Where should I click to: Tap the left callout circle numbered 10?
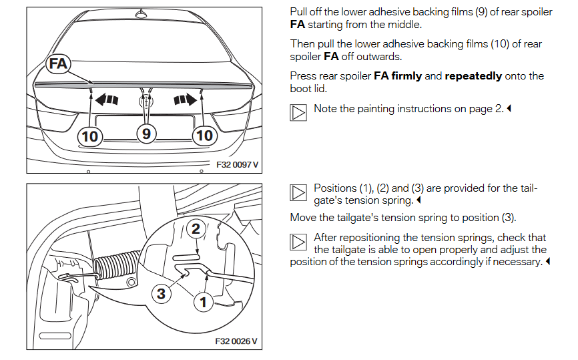[x=90, y=136]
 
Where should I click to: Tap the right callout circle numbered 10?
[x=204, y=136]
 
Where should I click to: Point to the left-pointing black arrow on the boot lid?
[x=107, y=100]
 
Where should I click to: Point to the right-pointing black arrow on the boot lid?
[x=185, y=100]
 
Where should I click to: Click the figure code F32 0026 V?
[x=236, y=341]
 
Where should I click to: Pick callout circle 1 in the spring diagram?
[x=204, y=302]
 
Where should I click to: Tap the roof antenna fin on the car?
[x=141, y=13]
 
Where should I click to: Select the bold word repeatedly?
[x=473, y=76]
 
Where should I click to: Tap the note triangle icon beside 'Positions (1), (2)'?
[x=298, y=193]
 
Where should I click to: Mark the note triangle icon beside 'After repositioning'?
[x=298, y=242]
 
